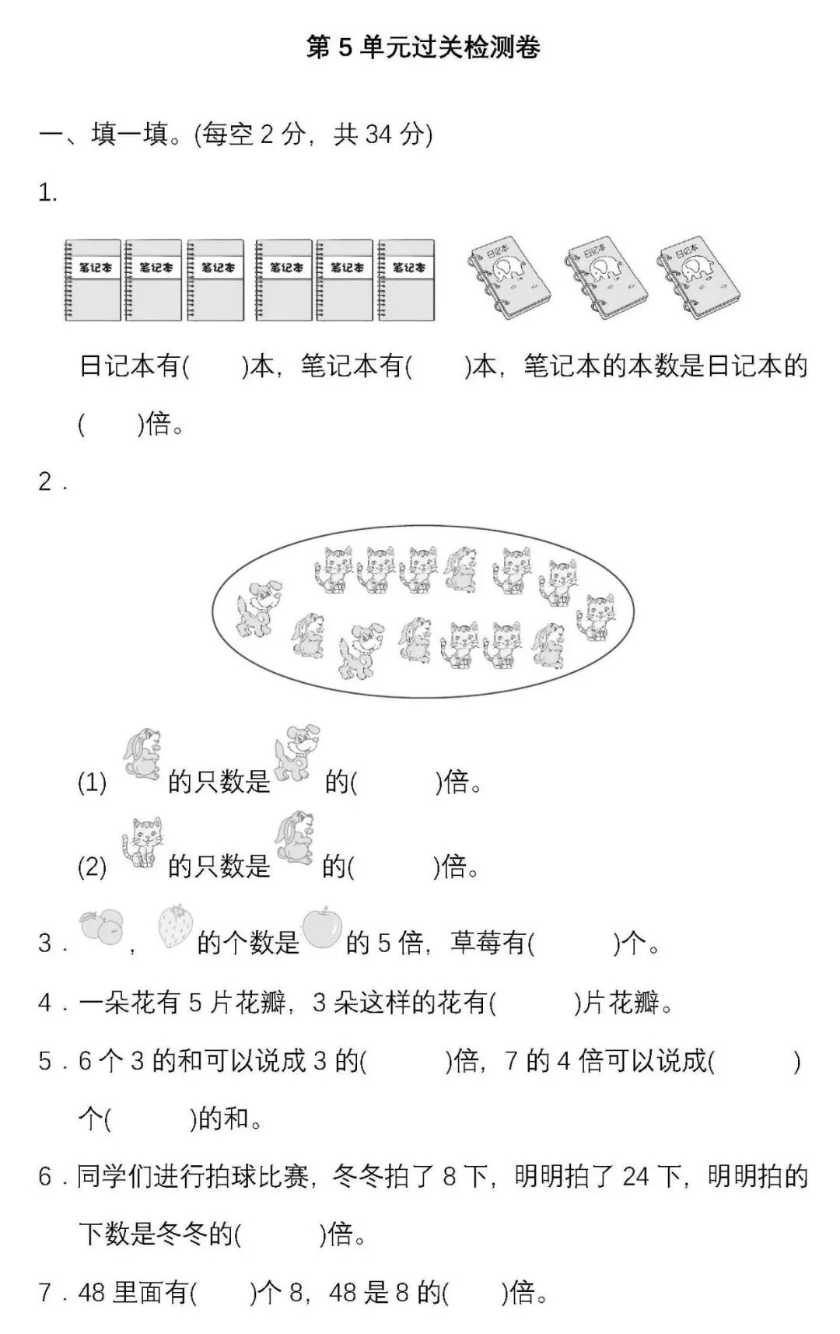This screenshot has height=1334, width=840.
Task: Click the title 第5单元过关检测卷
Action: (x=423, y=47)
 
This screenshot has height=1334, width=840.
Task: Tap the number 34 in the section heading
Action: (x=378, y=135)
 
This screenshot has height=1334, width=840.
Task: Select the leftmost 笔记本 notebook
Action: (x=93, y=280)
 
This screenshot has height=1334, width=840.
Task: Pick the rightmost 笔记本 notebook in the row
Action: (x=406, y=280)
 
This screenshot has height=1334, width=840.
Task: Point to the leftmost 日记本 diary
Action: (x=509, y=276)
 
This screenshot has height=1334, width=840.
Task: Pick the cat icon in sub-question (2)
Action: (x=142, y=842)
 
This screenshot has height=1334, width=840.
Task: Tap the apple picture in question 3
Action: (x=321, y=927)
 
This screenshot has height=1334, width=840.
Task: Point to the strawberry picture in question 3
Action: (x=175, y=926)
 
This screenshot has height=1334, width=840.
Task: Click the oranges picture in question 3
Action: (x=102, y=927)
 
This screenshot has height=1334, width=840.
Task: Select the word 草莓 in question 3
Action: (x=475, y=944)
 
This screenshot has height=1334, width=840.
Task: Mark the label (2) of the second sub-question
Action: (x=92, y=867)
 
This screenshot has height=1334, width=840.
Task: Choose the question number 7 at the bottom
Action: (x=46, y=1293)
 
